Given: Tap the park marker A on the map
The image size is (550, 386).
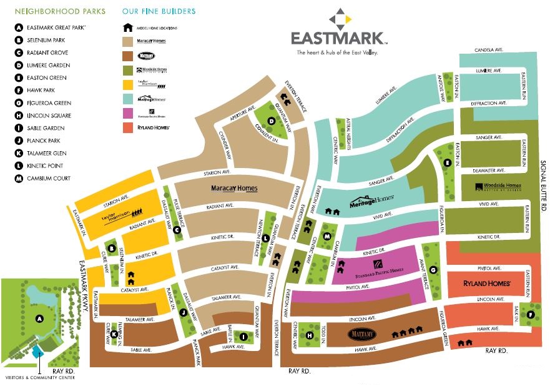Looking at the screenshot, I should coord(39,319).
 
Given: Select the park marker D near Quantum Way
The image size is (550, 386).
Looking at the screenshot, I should coord(272,121).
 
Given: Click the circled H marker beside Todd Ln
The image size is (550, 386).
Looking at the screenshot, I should coord(309,335).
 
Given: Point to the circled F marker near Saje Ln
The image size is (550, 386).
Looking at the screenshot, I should coord(531,315).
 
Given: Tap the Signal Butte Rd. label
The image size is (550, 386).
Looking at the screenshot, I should coord(543,187).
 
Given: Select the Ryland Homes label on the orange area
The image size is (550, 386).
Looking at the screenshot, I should coord(487,284).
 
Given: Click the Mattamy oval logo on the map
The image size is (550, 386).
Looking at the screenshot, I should coord(364,335).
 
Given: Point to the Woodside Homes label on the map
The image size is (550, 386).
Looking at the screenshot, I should coord(498,187).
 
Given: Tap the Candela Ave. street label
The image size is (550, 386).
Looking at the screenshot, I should coord(489,50).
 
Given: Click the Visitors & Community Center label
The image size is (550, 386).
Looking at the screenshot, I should coord(41,378).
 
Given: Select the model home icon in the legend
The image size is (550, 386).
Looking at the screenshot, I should coord(127,28).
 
